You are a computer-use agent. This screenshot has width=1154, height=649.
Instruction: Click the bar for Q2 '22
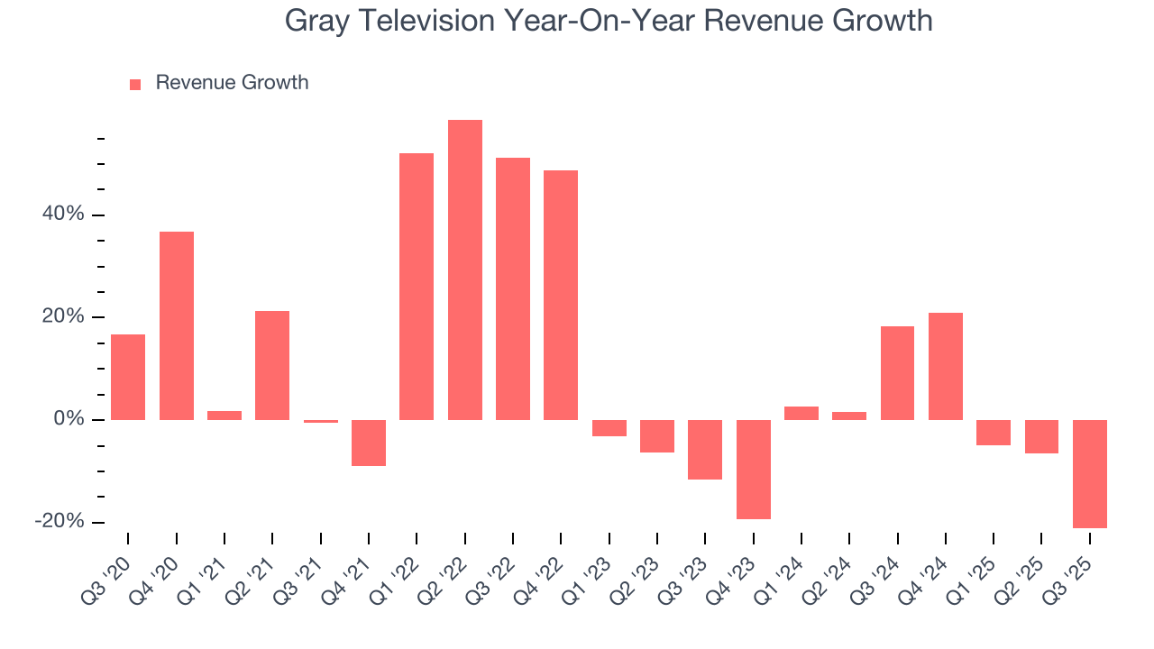464,270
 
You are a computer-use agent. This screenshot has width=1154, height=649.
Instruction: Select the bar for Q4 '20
177,325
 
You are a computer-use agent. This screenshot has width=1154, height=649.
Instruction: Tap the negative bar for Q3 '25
1090,473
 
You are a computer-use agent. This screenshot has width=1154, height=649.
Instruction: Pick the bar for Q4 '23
754,469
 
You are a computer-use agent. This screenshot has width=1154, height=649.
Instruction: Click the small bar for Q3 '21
321,421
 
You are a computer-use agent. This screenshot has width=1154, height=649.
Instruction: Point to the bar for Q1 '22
417,286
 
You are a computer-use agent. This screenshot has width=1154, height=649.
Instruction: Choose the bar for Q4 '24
946,366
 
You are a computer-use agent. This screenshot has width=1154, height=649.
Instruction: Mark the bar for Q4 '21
369,443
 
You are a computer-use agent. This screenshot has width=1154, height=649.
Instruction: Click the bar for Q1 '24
801,413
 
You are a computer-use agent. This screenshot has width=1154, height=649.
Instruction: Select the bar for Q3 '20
128,377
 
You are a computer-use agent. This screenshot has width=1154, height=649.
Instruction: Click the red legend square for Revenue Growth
135,84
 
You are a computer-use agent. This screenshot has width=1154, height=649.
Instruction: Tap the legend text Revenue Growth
232,83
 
